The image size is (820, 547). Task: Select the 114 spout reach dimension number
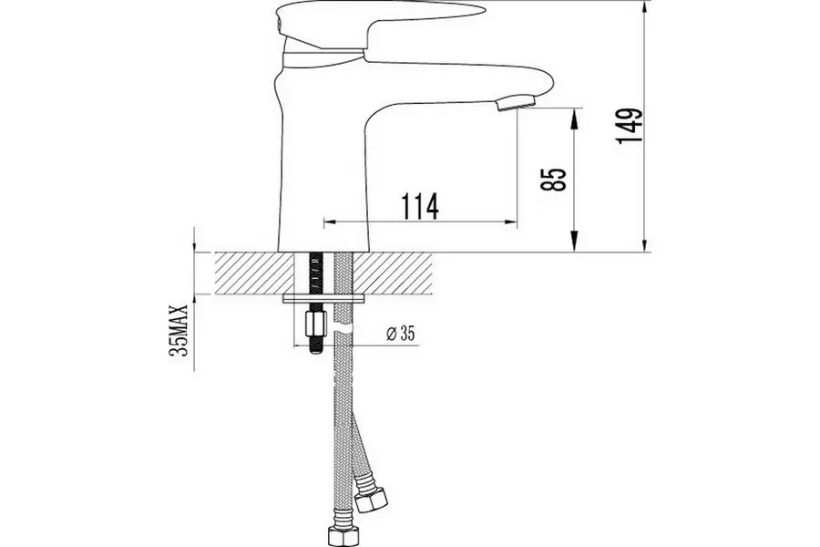pyautogui.click(x=416, y=206)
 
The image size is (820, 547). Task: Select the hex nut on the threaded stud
pyautogui.click(x=314, y=323)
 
